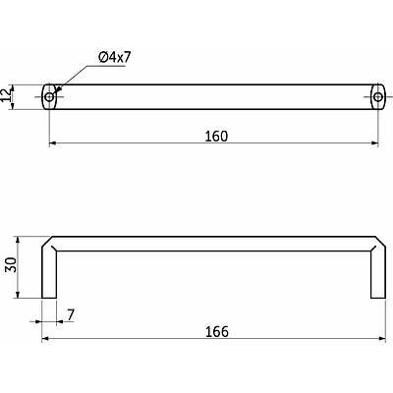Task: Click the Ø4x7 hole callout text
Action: tap(115, 58)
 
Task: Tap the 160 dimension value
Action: tap(216, 137)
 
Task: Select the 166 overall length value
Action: tap(217, 332)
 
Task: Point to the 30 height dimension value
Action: tap(11, 265)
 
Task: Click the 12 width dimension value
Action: tap(6, 95)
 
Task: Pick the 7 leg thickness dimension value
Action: tap(71, 314)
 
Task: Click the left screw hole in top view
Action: tap(49, 97)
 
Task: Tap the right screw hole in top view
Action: tap(378, 97)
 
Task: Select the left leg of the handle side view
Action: tap(49, 273)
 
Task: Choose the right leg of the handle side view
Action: tap(378, 273)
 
